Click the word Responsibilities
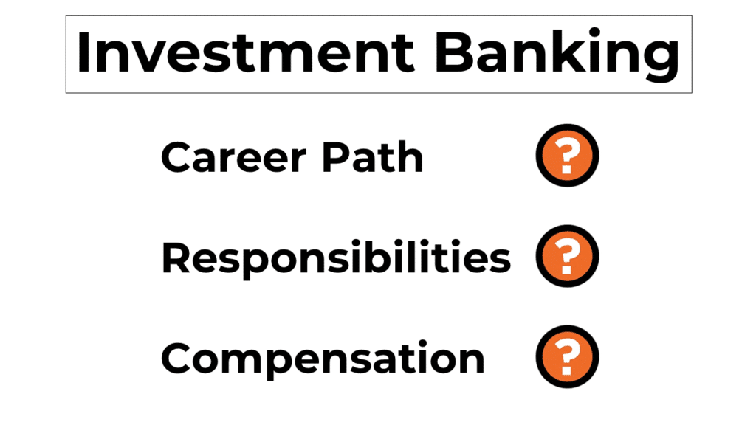pyautogui.click(x=335, y=258)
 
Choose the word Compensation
pyautogui.click(x=323, y=359)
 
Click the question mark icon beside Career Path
pyautogui.click(x=566, y=156)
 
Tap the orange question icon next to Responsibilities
pyautogui.click(x=566, y=258)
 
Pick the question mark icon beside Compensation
pyautogui.click(x=566, y=359)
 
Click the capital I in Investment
pyautogui.click(x=83, y=54)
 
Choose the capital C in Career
pyautogui.click(x=178, y=157)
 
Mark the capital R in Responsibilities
pyautogui.click(x=177, y=258)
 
